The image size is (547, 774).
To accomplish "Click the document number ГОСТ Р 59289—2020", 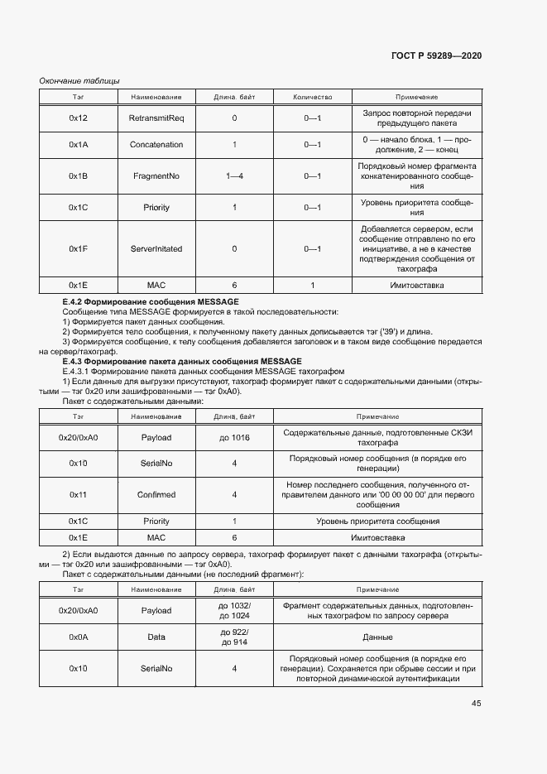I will [436, 55].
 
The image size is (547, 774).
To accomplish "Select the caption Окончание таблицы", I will [80, 80].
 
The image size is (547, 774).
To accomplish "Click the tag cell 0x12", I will [79, 118].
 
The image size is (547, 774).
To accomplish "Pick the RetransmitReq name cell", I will [156, 118].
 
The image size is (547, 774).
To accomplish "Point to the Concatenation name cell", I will [156, 145].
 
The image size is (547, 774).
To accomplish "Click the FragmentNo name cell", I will [156, 176].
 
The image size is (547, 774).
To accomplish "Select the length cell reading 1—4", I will [234, 176].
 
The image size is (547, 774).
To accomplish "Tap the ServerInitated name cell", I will [156, 248].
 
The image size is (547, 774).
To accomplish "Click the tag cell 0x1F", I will [79, 248].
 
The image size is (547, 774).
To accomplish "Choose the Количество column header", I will [312, 98].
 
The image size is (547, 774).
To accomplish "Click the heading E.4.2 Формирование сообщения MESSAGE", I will [151, 301].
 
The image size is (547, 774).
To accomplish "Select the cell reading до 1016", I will [234, 437].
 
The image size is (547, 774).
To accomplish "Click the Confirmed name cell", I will [156, 495].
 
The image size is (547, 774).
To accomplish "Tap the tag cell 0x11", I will [79, 495].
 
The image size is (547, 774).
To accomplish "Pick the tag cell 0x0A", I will [79, 637].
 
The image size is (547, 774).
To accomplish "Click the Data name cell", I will [156, 637].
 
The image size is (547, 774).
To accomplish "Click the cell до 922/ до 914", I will [234, 637].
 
